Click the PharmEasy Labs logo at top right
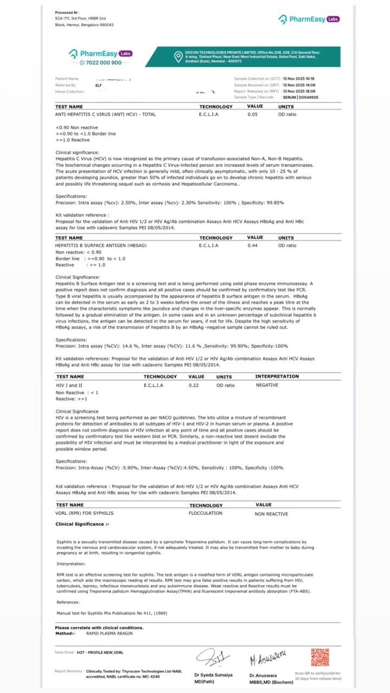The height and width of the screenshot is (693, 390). pos(309,19)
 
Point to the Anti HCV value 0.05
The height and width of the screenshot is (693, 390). pos(252,114)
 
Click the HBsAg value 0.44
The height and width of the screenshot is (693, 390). pos(252,245)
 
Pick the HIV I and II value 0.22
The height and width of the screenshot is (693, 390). pos(193,385)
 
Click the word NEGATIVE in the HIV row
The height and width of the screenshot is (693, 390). pos(267,385)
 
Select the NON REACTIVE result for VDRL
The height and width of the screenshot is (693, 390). pos(271,514)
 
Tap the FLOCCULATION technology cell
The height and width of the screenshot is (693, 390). pos(205,513)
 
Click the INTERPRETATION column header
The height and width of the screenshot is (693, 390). pos(277,376)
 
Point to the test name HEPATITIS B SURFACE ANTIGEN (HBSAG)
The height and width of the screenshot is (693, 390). pos(101,245)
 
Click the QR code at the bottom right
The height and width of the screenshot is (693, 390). pos(320,657)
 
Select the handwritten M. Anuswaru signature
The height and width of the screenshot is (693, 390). pos(268,658)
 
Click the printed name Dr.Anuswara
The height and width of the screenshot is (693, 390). pos(263,675)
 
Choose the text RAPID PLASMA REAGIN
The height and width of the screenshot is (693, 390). pos(109,633)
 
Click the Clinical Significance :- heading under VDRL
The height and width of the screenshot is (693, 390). pos(82,524)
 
